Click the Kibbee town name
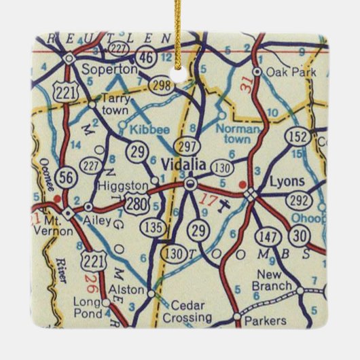(x=145, y=126)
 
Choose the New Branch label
(x=273, y=280)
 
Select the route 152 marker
(x=296, y=136)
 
